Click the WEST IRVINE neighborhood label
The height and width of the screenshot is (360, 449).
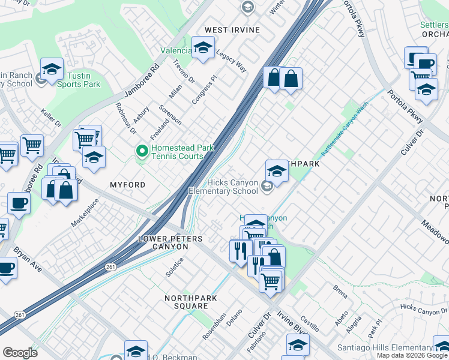(x=232, y=30)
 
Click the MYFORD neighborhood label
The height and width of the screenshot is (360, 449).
(x=127, y=185)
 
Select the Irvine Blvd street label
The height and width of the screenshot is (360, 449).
(x=292, y=322)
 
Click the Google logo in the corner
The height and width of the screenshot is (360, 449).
(x=20, y=353)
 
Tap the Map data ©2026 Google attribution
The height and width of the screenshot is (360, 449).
(x=412, y=355)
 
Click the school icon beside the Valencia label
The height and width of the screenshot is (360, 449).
(x=203, y=47)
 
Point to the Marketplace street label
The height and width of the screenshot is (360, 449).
(x=85, y=212)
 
